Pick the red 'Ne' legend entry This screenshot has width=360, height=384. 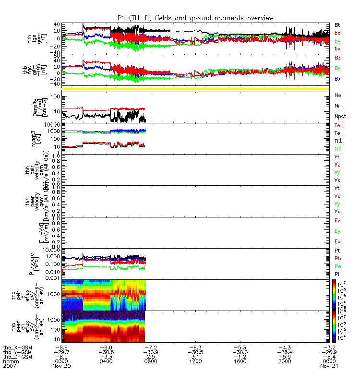coord(337,96)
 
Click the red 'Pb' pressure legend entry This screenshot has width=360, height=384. coord(337,259)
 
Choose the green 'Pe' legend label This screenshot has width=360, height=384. coord(337,266)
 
